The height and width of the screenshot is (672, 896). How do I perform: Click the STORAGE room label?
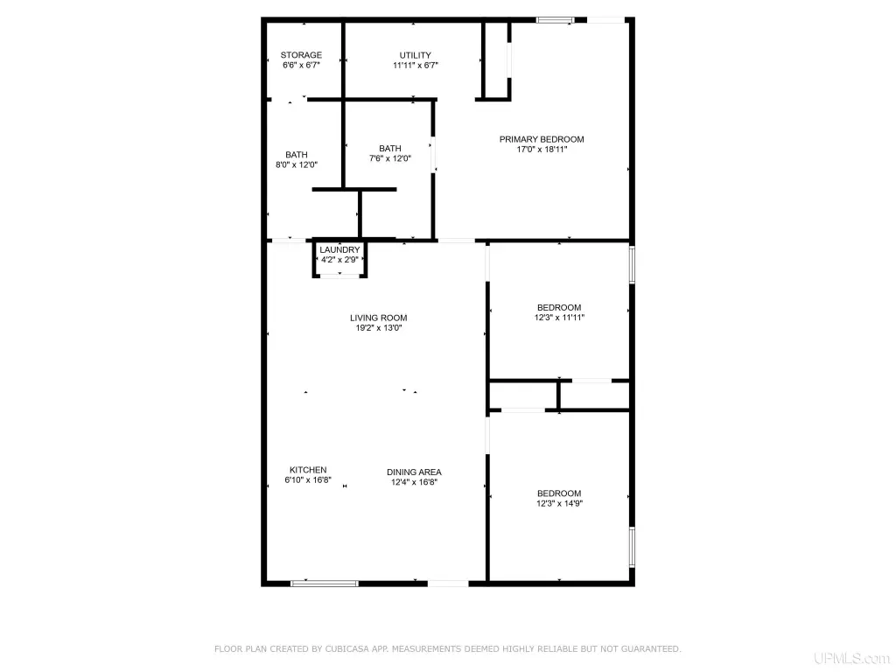(x=301, y=55)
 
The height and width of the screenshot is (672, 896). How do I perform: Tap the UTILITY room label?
(x=416, y=55)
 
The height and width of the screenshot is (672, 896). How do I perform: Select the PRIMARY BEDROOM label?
(x=542, y=139)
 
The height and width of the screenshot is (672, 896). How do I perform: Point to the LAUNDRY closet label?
(x=340, y=249)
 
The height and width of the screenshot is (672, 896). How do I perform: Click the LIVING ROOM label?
(x=379, y=318)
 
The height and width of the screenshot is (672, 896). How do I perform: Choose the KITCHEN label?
(x=308, y=470)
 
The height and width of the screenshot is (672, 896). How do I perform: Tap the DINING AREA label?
(x=414, y=472)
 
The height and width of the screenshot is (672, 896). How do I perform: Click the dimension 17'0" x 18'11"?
(x=542, y=150)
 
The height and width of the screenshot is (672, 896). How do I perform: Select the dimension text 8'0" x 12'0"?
(x=297, y=165)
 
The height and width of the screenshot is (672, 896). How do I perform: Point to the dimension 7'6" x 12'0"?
(x=390, y=159)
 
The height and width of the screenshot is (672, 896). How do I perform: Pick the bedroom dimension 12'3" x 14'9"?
(x=559, y=503)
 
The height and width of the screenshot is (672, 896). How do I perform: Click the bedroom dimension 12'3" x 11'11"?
(x=559, y=318)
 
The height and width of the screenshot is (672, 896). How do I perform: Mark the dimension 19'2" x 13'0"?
(x=379, y=328)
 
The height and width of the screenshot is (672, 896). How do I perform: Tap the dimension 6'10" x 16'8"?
(x=308, y=480)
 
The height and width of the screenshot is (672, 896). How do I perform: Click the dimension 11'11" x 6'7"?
(x=416, y=66)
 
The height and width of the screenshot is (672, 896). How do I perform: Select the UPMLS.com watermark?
(x=851, y=659)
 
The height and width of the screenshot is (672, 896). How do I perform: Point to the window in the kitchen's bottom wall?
(x=325, y=584)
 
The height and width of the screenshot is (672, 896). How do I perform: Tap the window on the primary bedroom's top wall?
(x=555, y=21)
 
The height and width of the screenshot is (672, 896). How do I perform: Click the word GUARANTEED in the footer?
(x=648, y=649)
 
